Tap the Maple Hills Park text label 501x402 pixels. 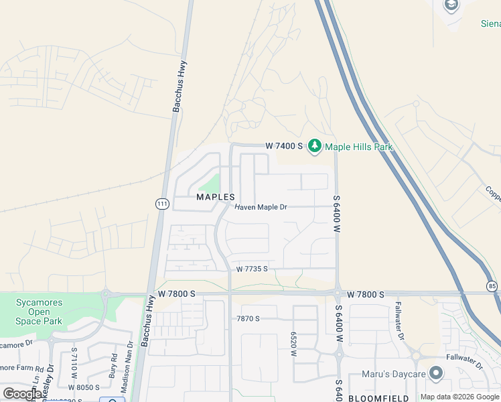coord(358,147)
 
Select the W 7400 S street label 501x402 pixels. coord(285,145)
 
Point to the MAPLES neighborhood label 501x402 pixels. coord(216,197)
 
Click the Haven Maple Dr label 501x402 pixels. coord(261,208)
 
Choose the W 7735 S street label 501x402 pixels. coord(252,269)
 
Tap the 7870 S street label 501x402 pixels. coord(248,318)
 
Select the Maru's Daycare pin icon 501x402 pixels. coord(436,373)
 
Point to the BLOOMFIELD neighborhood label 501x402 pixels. coord(378,399)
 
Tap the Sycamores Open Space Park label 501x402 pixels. coord(39,312)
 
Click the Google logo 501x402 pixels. coord(22,394)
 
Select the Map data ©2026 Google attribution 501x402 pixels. coord(459,397)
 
